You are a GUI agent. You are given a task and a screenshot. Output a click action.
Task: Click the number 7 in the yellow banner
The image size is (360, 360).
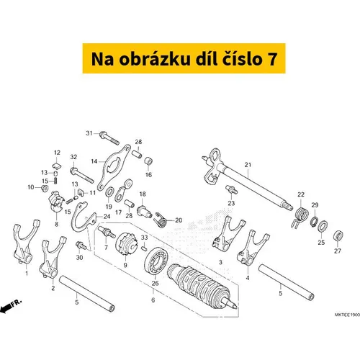[x=271, y=59]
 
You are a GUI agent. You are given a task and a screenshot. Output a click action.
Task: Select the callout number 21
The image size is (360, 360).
[x=248, y=165]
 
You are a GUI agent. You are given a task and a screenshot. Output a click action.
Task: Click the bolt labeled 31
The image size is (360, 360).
[x=109, y=138]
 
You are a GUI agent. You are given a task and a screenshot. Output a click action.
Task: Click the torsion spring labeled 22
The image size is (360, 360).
[x=300, y=217]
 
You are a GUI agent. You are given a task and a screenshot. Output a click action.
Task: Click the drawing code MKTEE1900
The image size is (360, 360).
[x=347, y=315]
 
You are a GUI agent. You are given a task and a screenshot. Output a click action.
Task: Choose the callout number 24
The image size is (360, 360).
[x=107, y=217]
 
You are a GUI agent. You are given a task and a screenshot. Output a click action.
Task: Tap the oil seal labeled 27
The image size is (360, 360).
[x=338, y=236]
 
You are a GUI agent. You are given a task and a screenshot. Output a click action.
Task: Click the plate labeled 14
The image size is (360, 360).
[x=114, y=168]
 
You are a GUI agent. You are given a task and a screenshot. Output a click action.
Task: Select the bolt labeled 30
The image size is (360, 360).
[x=81, y=246]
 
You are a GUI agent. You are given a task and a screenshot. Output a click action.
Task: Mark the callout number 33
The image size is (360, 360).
[x=144, y=238]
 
